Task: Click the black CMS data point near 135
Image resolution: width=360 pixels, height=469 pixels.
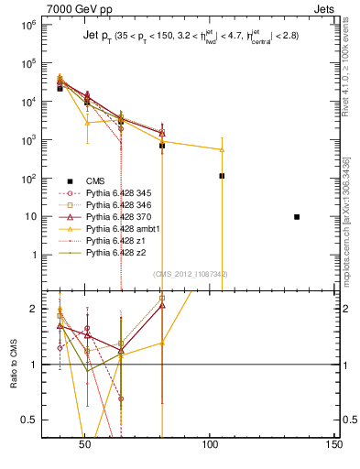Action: click(x=297, y=217)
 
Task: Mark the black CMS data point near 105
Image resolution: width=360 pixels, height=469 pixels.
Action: click(x=222, y=175)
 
